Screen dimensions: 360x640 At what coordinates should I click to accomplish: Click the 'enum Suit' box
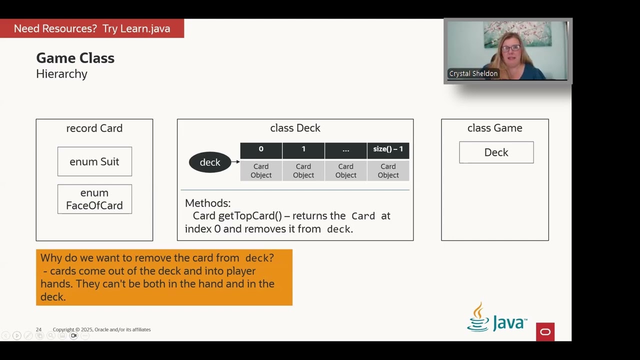point(94,161)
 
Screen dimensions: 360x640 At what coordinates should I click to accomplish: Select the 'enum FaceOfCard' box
point(94,199)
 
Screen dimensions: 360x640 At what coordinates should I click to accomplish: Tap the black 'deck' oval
point(210,162)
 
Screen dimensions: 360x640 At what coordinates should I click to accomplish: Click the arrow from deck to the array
point(235,162)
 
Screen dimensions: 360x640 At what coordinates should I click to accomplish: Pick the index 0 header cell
point(261,149)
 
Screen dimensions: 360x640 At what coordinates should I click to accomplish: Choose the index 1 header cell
point(303,149)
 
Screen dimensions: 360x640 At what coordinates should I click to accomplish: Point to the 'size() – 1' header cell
point(388,149)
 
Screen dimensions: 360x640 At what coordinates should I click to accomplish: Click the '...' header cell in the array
point(346,149)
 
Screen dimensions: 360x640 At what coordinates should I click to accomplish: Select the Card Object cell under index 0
point(261,170)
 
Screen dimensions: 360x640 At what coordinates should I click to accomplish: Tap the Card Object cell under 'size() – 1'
point(388,170)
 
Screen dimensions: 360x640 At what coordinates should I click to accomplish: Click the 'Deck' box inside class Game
point(496,152)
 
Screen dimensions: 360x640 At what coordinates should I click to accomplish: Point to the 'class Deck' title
point(295,128)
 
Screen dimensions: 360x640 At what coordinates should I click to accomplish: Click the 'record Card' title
point(94,128)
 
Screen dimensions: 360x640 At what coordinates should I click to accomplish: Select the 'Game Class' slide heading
point(75,58)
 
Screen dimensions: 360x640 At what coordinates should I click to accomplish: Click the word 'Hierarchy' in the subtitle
point(62,74)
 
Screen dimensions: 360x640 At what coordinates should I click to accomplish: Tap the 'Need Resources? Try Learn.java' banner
point(92,28)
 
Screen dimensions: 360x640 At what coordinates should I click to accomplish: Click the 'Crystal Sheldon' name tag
point(473,73)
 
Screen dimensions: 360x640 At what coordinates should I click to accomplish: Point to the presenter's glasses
point(510,48)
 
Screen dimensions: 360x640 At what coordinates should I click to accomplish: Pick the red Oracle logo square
point(545,332)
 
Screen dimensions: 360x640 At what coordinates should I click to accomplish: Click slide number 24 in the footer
point(38,329)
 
